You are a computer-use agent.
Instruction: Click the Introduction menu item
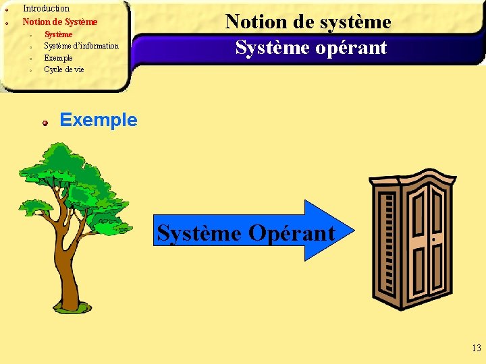point(46,9)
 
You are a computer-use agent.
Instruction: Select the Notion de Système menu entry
point(60,22)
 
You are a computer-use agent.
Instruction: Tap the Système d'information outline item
point(81,46)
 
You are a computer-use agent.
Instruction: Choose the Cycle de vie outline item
point(64,69)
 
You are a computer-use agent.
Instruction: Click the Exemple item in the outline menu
point(58,58)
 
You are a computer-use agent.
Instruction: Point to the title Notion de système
point(308,22)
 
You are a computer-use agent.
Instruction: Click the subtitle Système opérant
point(310,47)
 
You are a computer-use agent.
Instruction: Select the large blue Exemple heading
point(99,120)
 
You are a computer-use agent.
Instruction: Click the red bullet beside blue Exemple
point(45,123)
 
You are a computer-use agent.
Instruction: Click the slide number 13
point(476,348)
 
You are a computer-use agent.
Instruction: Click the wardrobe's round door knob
point(433,239)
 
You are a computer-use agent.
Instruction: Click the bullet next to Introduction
point(5,10)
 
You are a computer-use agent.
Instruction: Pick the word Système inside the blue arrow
point(199,233)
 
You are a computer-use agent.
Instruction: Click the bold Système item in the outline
point(58,34)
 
